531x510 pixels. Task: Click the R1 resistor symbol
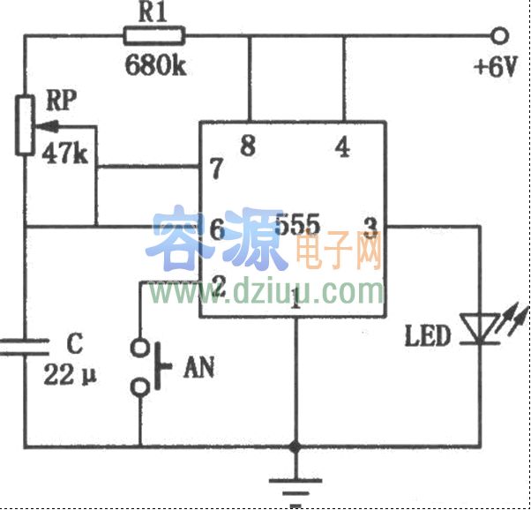154,36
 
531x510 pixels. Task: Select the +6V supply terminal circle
501,36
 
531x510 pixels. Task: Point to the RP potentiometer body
25,128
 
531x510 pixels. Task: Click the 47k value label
64,154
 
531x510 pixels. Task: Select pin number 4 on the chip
342,147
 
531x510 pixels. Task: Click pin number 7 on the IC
213,168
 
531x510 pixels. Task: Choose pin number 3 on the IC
370,228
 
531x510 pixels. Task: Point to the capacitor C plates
25,347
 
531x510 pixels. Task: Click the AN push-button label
200,368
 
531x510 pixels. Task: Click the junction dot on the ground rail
296,446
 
